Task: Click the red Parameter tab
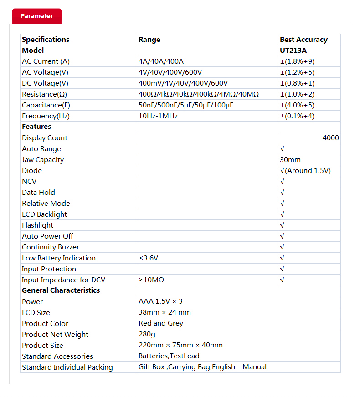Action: click(x=36, y=16)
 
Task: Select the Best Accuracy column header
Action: click(x=303, y=40)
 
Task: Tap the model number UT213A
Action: click(x=293, y=51)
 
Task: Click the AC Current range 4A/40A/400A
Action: click(x=161, y=61)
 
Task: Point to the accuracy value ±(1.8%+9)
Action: click(x=297, y=61)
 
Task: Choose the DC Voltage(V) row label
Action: click(x=45, y=83)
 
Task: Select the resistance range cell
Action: click(x=198, y=94)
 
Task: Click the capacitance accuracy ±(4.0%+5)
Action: click(x=297, y=105)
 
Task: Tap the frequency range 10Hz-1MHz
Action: click(x=158, y=116)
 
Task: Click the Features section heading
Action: click(x=36, y=127)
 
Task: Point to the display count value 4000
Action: click(x=330, y=138)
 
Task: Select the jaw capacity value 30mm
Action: click(x=290, y=160)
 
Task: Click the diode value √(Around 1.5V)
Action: click(x=305, y=171)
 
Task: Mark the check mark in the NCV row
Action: click(x=283, y=182)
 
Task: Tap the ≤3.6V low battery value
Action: click(x=149, y=258)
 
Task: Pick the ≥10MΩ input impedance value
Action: click(x=151, y=280)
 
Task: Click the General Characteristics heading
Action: click(x=61, y=290)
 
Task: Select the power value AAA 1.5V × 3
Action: click(x=160, y=301)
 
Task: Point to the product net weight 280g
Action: click(x=146, y=334)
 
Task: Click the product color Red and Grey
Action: click(x=161, y=323)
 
